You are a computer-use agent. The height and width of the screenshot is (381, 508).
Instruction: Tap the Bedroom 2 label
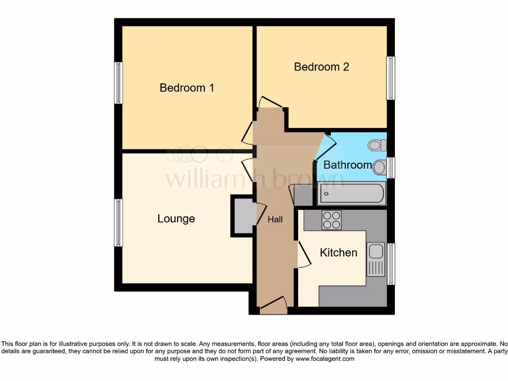[321, 66]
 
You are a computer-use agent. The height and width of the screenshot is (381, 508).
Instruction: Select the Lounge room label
[176, 219]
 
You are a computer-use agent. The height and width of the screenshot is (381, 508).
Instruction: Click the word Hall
[275, 219]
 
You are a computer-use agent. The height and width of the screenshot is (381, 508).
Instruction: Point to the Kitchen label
[338, 253]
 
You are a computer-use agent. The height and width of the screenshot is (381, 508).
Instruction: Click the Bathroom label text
[347, 165]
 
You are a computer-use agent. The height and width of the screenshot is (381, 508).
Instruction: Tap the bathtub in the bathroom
[352, 193]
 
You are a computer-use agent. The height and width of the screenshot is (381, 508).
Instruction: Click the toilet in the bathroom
[377, 145]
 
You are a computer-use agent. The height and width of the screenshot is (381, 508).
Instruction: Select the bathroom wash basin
[380, 167]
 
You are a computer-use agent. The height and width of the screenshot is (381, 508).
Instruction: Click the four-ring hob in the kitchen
[331, 220]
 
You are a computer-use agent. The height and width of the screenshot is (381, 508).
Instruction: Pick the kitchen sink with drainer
[376, 259]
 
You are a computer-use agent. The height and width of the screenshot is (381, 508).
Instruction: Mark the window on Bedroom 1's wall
[119, 83]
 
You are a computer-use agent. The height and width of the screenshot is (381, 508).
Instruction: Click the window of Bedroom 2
[391, 78]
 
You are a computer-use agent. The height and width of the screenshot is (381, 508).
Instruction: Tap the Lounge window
[119, 223]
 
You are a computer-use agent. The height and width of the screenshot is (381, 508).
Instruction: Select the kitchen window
[391, 264]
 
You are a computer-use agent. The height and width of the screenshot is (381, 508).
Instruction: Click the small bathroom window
[391, 168]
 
